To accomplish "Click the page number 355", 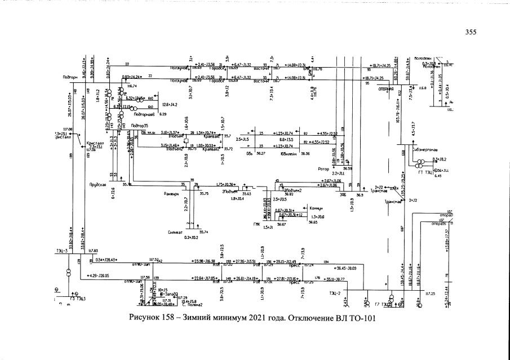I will [471, 33].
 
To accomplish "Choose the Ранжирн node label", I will [171, 193].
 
